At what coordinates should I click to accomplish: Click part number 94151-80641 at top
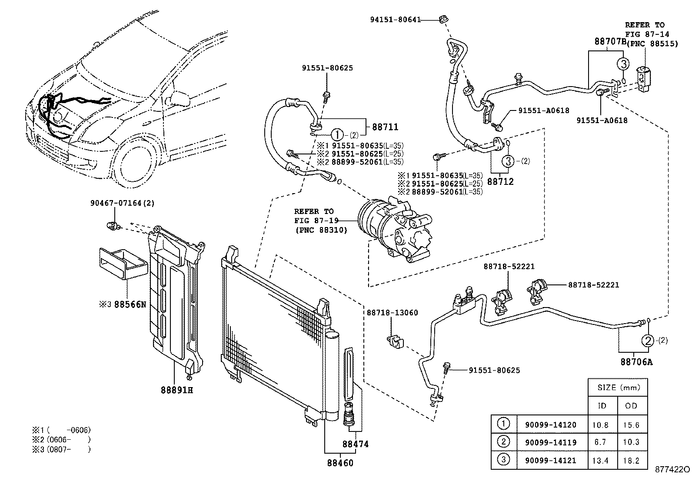pyautogui.click(x=395, y=19)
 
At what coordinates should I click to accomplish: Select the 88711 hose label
pyautogui.click(x=385, y=127)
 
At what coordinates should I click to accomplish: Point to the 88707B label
pyautogui.click(x=609, y=42)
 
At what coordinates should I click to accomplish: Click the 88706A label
pyautogui.click(x=636, y=362)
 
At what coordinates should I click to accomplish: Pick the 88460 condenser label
pyautogui.click(x=340, y=463)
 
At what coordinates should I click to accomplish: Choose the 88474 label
pyautogui.click(x=356, y=444)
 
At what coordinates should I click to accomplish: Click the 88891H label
pyautogui.click(x=176, y=390)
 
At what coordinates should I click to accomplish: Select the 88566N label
pyautogui.click(x=130, y=304)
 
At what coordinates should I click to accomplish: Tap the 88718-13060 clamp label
pyautogui.click(x=392, y=313)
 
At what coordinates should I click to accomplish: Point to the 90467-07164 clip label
pyautogui.click(x=122, y=203)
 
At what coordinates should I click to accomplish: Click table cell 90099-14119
pyautogui.click(x=550, y=443)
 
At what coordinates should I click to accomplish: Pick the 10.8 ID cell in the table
pyautogui.click(x=600, y=425)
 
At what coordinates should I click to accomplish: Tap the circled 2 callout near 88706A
pyautogui.click(x=648, y=341)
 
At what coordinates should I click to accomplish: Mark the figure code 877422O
pyautogui.click(x=672, y=470)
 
